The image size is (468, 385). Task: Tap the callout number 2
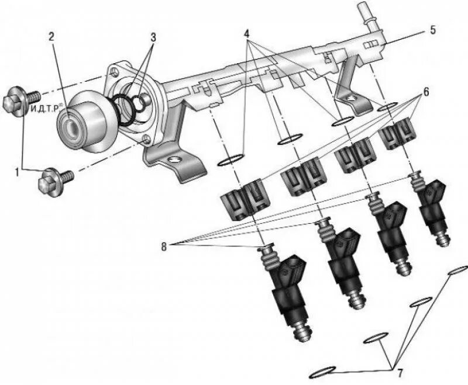coord(51,36)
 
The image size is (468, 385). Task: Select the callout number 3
coord(154,36)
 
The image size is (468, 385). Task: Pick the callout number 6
coord(426,92)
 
